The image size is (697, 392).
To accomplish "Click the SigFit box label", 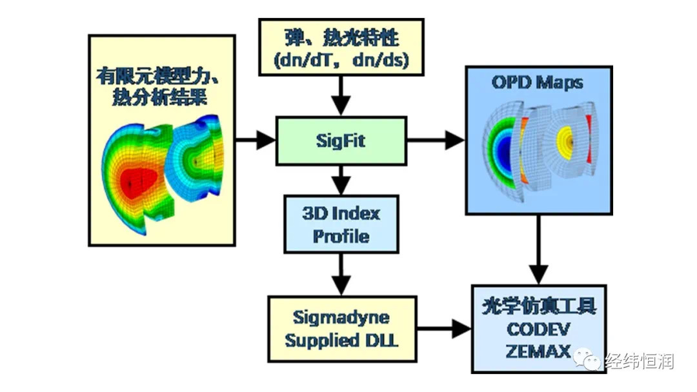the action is click(x=341, y=141).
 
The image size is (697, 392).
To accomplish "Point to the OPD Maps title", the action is click(x=538, y=82).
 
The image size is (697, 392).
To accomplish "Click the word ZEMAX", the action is click(x=538, y=351).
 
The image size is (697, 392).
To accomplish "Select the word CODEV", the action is click(x=538, y=329).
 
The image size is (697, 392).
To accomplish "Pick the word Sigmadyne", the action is click(x=341, y=318).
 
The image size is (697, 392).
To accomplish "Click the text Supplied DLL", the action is click(x=341, y=340).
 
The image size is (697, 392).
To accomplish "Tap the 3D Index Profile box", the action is click(x=341, y=224).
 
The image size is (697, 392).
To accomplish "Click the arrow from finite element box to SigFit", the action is click(x=256, y=141).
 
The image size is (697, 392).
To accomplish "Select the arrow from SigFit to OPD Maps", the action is click(x=436, y=141).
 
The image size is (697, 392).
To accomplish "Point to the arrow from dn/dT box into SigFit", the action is click(x=341, y=96).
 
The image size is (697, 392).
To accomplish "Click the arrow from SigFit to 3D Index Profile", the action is click(x=341, y=181).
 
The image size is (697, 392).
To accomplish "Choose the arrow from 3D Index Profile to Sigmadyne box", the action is click(x=341, y=275).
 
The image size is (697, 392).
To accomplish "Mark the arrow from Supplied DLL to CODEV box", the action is click(x=444, y=329).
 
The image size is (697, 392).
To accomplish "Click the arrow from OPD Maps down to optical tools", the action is click(x=538, y=250).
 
